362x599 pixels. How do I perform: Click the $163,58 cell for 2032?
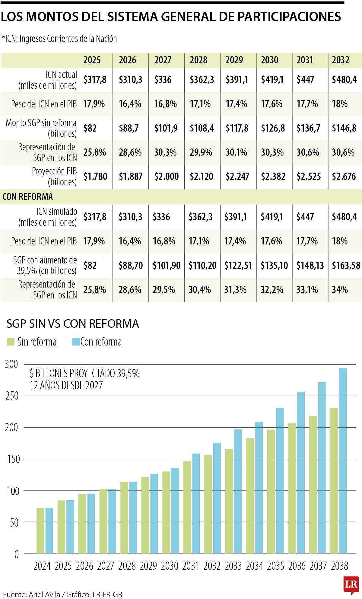coord(346,266)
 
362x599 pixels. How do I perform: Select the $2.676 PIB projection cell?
coord(344,177)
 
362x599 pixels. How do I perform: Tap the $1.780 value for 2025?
coord(95,177)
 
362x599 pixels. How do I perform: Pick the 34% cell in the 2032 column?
coord(340,290)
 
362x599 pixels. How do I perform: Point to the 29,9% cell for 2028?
coord(201,152)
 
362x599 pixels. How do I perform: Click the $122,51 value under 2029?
coord(238,266)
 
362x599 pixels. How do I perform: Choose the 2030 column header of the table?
coord(270,60)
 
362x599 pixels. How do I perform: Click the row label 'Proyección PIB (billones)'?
coord(54,177)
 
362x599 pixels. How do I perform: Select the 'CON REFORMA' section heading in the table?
coord(28,197)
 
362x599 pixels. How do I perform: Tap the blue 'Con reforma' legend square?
coord(76,342)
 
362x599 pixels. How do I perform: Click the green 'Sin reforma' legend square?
coord(11,342)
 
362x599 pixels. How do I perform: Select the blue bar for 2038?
coord(343,460)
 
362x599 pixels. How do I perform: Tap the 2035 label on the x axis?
coord(276,566)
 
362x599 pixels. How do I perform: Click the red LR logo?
coord(351,585)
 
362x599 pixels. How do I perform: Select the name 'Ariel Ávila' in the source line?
coord(44,594)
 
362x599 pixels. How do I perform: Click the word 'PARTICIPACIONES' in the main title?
coord(289,17)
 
